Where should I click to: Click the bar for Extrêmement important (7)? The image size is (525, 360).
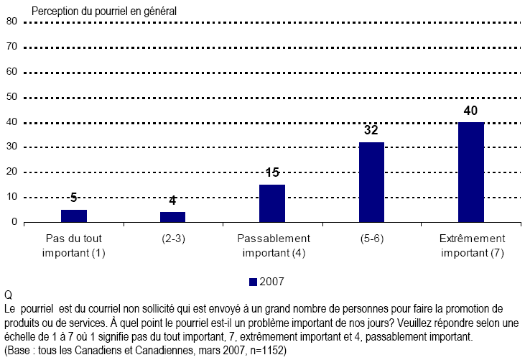click(x=470, y=172)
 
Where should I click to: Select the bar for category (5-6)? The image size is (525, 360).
click(x=371, y=183)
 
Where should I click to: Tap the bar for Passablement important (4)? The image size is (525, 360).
click(x=272, y=203)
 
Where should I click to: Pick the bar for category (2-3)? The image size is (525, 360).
click(x=172, y=217)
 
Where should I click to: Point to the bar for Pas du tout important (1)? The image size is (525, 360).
click(x=73, y=216)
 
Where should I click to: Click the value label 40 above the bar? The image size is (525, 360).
click(x=470, y=111)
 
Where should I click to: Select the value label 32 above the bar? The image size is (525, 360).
click(x=371, y=131)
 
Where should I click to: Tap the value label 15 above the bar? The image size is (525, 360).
click(x=272, y=174)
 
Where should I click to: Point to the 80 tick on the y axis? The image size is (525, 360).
click(x=11, y=22)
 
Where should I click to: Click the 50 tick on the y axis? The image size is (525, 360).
click(x=11, y=97)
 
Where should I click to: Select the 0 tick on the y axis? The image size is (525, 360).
click(x=14, y=222)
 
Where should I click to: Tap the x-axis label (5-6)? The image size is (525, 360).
click(x=371, y=239)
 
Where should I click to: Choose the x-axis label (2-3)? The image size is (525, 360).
click(x=172, y=239)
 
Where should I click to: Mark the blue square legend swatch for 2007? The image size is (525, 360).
click(x=252, y=280)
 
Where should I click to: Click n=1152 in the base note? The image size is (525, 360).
click(x=266, y=351)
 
